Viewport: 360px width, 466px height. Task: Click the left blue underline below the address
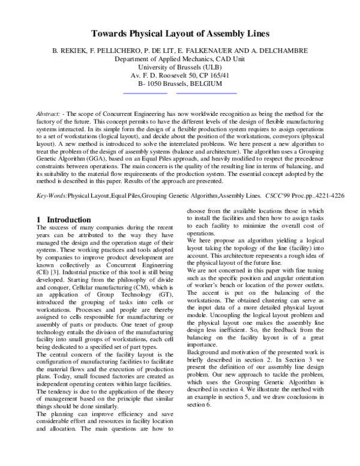point(145,94)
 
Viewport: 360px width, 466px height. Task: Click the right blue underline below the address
point(206,94)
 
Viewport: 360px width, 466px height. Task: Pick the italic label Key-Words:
point(52,196)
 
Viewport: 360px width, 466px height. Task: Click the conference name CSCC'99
point(278,196)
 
